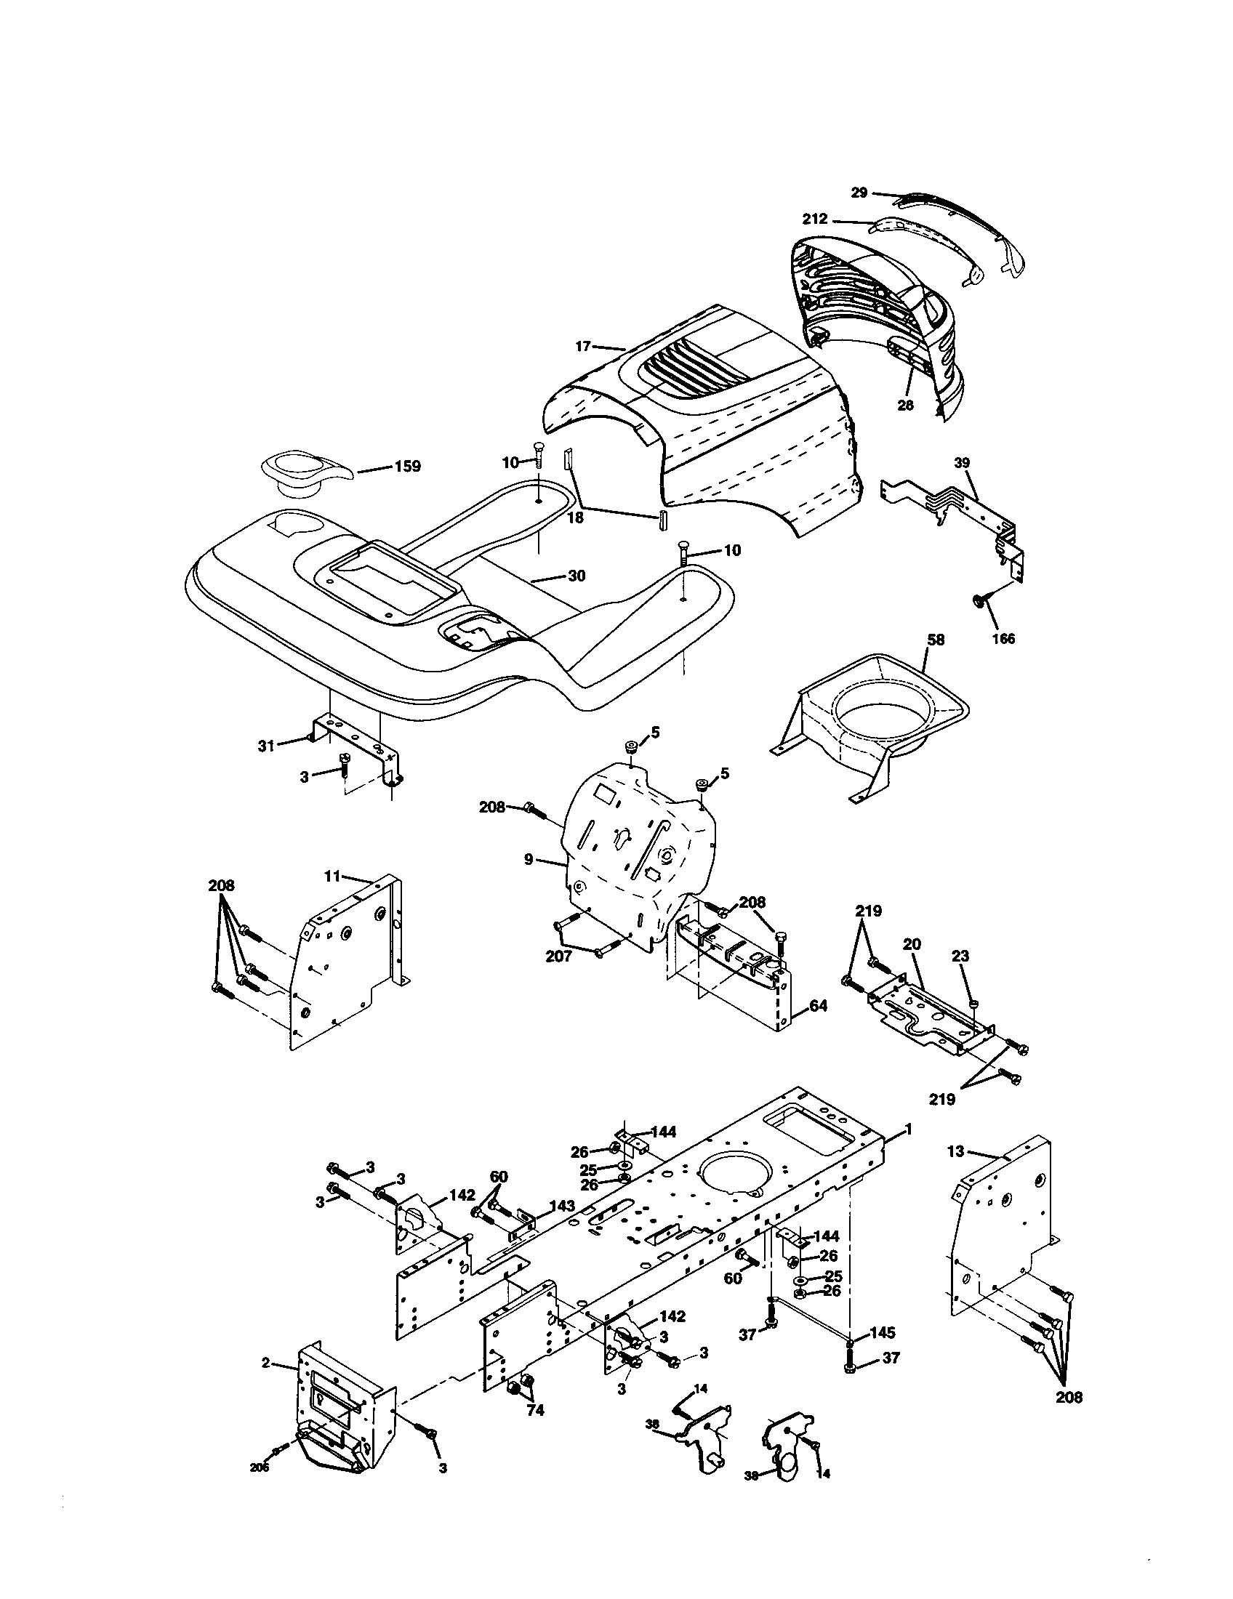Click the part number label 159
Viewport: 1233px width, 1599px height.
tap(407, 467)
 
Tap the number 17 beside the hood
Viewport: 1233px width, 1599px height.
tap(583, 346)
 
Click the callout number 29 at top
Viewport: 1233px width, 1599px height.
tap(859, 193)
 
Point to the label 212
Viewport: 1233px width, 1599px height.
tap(815, 219)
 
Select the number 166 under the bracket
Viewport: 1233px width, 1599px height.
tap(1003, 638)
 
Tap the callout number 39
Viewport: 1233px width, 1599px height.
tap(962, 463)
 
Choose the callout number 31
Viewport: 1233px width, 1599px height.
tap(266, 746)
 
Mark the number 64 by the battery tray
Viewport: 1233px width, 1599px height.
tap(819, 1007)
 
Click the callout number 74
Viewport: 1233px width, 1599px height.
tap(535, 1410)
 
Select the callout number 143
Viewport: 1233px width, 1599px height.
tap(562, 1206)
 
